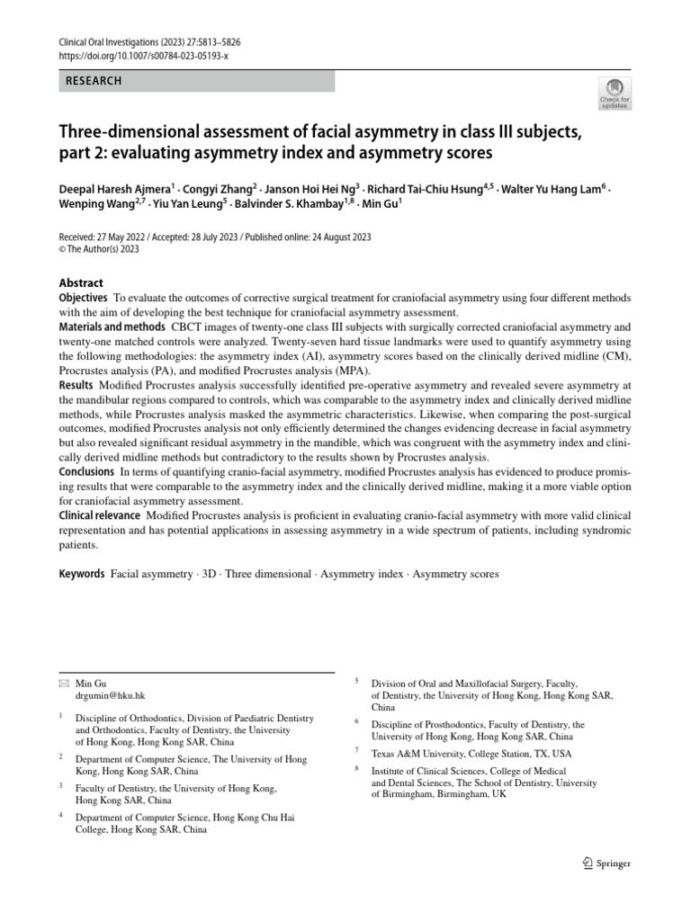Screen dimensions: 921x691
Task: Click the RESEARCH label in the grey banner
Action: pos(94,81)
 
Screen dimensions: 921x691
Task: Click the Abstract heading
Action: pos(81,282)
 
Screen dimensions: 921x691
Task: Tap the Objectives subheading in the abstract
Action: pos(84,298)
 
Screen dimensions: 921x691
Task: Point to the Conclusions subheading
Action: pos(87,471)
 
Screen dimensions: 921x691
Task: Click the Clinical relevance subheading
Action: pos(99,515)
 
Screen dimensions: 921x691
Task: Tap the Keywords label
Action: pos(82,573)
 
